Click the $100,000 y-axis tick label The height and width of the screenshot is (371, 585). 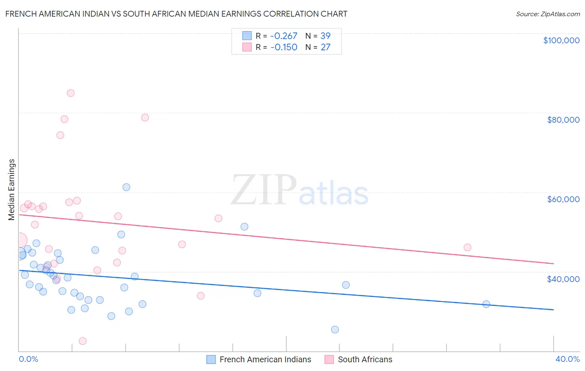(561, 40)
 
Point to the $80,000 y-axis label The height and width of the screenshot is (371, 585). (563, 120)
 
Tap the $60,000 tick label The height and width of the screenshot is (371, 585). (563, 199)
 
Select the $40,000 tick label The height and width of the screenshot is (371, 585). (563, 279)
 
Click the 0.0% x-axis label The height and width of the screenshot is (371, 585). (28, 359)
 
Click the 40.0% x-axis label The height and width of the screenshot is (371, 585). (567, 359)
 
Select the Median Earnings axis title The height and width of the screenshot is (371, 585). (12, 190)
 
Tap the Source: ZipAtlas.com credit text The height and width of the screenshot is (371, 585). (548, 14)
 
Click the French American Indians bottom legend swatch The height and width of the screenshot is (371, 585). (211, 359)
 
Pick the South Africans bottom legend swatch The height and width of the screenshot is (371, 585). (329, 359)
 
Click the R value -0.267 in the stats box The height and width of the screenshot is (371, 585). (284, 36)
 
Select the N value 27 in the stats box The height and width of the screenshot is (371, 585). (325, 47)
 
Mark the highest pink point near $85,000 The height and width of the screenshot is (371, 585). (71, 93)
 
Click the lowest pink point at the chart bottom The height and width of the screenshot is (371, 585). (83, 341)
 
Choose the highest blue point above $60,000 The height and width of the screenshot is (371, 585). (126, 187)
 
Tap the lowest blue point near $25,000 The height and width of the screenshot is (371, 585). (335, 330)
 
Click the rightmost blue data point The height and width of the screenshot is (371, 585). (486, 304)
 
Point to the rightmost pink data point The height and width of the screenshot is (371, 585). (468, 247)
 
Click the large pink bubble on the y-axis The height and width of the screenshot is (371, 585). (19, 240)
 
